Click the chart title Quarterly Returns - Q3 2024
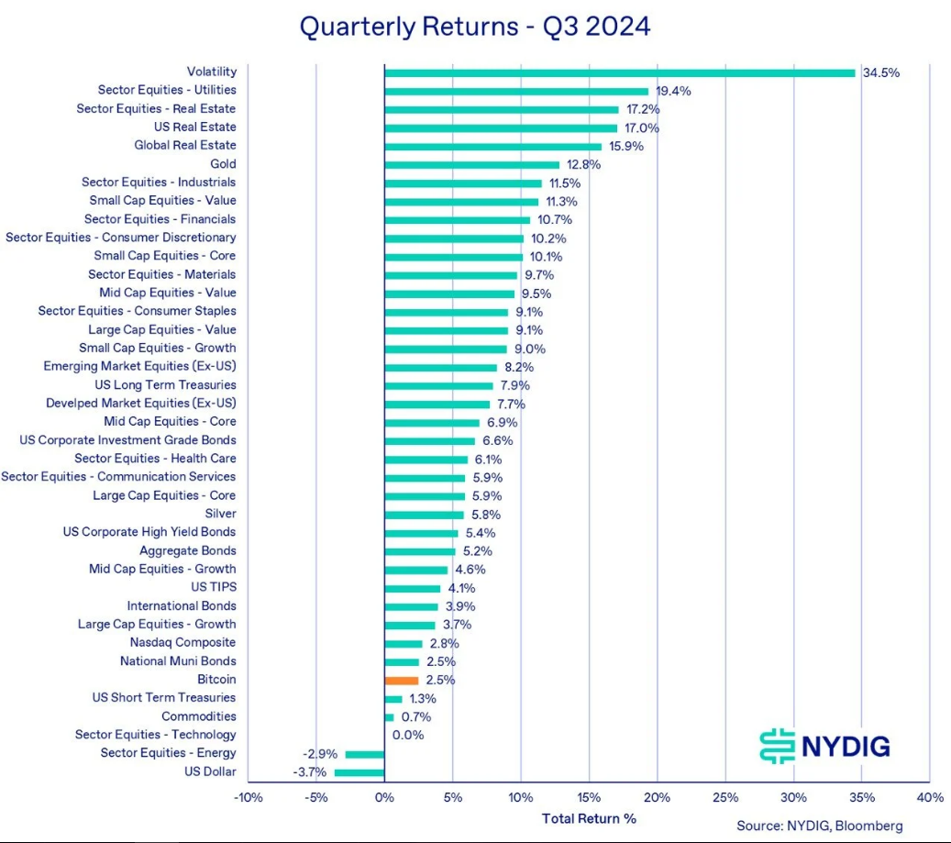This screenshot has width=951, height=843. pyautogui.click(x=475, y=26)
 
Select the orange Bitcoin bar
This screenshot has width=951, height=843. pyautogui.click(x=402, y=681)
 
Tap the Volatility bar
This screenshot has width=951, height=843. pyautogui.click(x=619, y=72)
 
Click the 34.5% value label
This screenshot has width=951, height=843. pyautogui.click(x=881, y=72)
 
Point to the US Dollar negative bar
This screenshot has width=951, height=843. pyautogui.click(x=359, y=772)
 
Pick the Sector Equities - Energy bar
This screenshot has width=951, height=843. pyautogui.click(x=365, y=754)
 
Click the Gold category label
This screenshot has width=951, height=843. pyautogui.click(x=223, y=164)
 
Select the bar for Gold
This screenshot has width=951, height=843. pyautogui.click(x=471, y=165)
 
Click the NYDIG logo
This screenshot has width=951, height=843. pyautogui.click(x=825, y=746)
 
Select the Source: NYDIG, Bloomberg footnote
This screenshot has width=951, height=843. pyautogui.click(x=819, y=826)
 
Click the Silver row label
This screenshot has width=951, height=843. pyautogui.click(x=220, y=514)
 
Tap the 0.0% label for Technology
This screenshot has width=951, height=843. pyautogui.click(x=408, y=736)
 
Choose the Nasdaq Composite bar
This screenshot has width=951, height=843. pyautogui.click(x=404, y=644)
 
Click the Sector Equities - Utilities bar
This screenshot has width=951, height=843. pyautogui.click(x=516, y=91)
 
